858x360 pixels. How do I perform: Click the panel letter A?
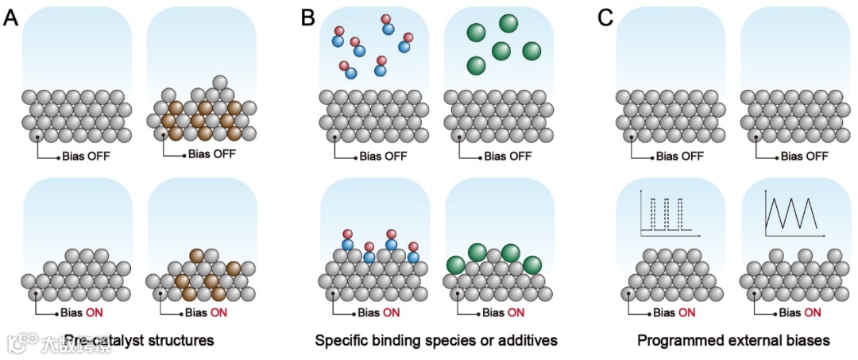10,17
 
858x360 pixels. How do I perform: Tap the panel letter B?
308,17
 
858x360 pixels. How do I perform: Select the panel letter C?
605,17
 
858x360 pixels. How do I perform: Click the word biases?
809,340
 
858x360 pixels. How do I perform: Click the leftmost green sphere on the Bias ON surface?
456,265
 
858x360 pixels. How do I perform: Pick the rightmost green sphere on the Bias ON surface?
531,265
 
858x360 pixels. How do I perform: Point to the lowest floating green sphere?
477,65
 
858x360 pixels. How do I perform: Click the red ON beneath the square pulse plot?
687,312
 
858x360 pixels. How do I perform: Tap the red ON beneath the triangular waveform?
811,312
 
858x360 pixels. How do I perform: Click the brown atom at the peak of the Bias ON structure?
197,256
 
